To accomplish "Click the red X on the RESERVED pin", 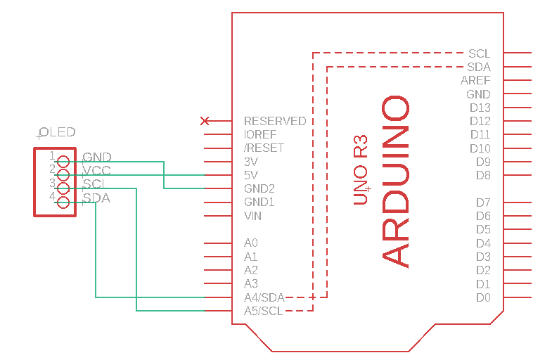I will coord(205,121).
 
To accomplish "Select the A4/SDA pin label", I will coord(264,297).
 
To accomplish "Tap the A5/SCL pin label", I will coord(264,311).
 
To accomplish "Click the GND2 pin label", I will coord(259,188).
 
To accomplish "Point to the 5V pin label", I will coord(251,175).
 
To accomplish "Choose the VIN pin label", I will coord(253,216).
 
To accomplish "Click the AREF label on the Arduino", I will coord(475,80).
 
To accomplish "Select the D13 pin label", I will coord(480,108).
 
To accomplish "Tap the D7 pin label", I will coord(483,202).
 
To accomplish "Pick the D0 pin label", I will coord(483,297).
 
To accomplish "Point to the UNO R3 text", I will coord(361,169).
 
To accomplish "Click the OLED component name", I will coord(58,132).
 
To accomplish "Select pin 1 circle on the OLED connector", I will coord(63,161).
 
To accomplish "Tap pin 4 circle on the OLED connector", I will coord(63,202).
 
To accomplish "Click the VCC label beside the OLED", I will coord(97,171).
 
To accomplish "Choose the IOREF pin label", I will coord(260,134).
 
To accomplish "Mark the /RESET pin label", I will coord(264,148).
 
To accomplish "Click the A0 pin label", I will coord(251,243).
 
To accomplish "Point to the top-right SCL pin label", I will coord(479,53).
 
